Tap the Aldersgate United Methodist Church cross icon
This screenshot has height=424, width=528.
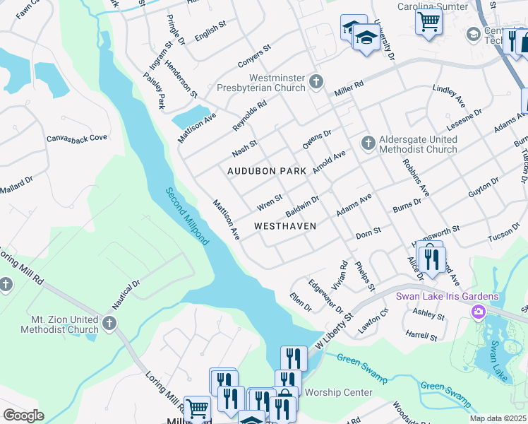[x=367, y=143]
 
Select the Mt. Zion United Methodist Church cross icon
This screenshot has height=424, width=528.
[x=108, y=323]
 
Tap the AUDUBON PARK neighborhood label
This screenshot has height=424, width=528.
[x=267, y=171]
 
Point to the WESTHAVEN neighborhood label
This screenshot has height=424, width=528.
[x=284, y=226]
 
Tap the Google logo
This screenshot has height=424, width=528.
[x=23, y=415]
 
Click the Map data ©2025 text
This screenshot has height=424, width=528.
[x=497, y=418]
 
